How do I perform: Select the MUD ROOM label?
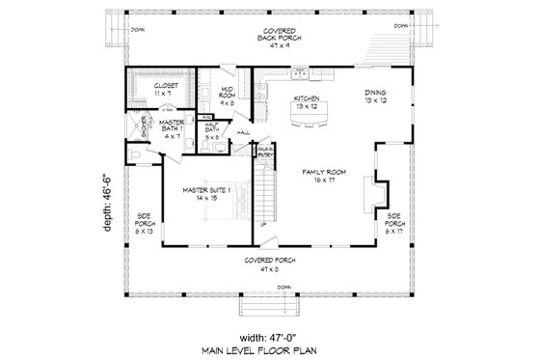point(228,92)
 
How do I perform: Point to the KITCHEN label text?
point(308,100)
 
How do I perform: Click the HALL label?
point(244,132)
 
